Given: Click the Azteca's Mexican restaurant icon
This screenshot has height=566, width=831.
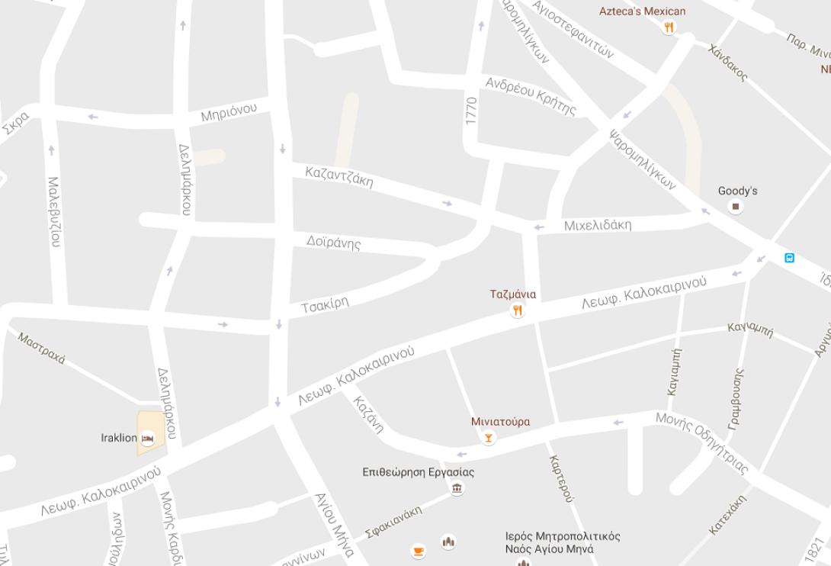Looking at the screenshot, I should [669, 28].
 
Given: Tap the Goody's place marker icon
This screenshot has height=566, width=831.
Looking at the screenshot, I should [736, 207].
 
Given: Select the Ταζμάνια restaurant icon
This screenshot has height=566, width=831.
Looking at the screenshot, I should [518, 310].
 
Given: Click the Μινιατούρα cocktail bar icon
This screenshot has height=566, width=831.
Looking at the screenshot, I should [489, 438].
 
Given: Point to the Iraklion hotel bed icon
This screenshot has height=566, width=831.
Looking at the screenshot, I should [148, 438].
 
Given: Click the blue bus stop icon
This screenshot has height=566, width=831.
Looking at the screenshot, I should [790, 258].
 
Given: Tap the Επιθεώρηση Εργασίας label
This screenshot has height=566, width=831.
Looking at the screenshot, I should [418, 472].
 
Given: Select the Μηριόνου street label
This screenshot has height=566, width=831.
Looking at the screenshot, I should [229, 112].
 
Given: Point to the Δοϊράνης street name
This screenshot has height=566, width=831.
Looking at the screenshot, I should [333, 243].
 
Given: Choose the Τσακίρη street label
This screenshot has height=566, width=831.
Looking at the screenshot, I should [325, 304].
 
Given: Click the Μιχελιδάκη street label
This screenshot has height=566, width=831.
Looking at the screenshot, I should [598, 225].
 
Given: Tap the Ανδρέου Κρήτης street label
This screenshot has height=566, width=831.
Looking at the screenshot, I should [531, 95].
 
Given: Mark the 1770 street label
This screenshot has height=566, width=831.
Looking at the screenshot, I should [471, 111].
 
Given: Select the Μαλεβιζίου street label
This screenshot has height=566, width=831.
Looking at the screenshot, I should [54, 211].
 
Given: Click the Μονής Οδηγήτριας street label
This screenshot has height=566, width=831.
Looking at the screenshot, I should [702, 442].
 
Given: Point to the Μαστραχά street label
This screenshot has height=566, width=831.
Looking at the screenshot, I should [42, 348].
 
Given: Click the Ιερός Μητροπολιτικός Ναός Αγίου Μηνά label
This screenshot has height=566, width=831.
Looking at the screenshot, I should [563, 542].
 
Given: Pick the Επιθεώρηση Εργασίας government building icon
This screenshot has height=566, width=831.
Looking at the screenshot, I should [457, 488].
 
